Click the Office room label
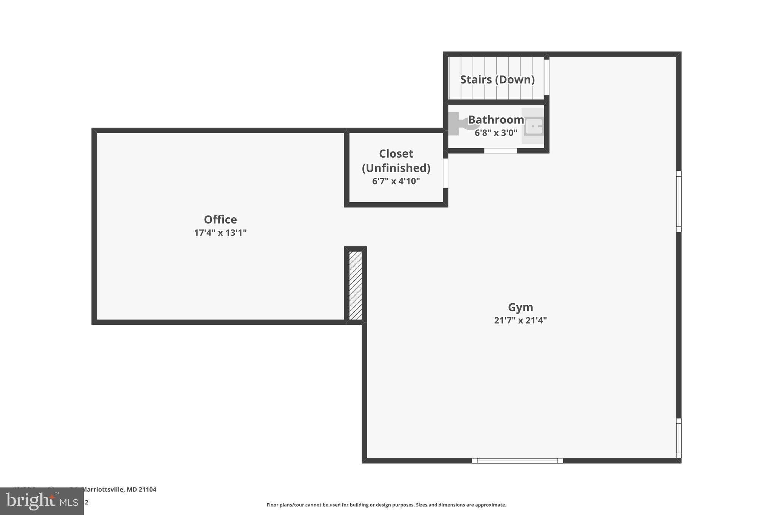point(220,220)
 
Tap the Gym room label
point(520,307)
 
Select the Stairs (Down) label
point(497,80)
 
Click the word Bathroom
point(496,120)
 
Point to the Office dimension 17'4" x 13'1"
point(220,233)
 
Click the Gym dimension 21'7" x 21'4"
point(520,321)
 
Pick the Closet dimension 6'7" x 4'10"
point(396,181)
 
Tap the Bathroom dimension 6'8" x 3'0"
point(496,133)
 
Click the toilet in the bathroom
point(460,123)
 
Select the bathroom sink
point(533,126)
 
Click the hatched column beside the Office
point(356,286)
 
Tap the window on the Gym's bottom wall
point(517,461)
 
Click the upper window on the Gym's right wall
point(678,201)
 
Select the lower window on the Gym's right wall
point(678,438)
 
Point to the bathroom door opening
point(500,151)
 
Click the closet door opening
point(445,173)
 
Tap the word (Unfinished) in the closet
point(396,168)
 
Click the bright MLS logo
point(42,501)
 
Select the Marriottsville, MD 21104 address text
point(119,490)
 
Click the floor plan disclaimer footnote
point(386,505)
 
